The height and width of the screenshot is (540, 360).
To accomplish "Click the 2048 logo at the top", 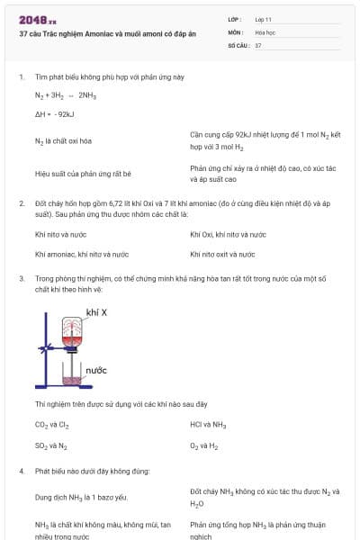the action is [37, 19].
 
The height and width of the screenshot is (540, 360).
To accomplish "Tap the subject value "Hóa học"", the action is [265, 31].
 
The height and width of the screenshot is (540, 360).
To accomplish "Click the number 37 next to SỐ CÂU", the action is [258, 45].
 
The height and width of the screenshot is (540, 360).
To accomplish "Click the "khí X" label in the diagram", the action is [96, 312].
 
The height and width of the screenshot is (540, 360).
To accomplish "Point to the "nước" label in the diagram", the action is [96, 370].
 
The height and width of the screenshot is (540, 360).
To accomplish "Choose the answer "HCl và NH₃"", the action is [208, 424].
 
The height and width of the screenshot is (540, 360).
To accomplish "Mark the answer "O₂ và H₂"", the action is [205, 445].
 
